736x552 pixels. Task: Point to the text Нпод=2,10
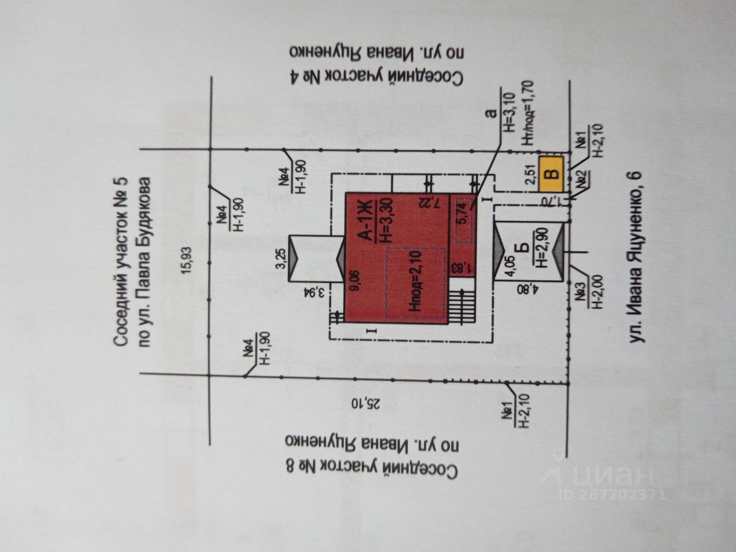[416, 281]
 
